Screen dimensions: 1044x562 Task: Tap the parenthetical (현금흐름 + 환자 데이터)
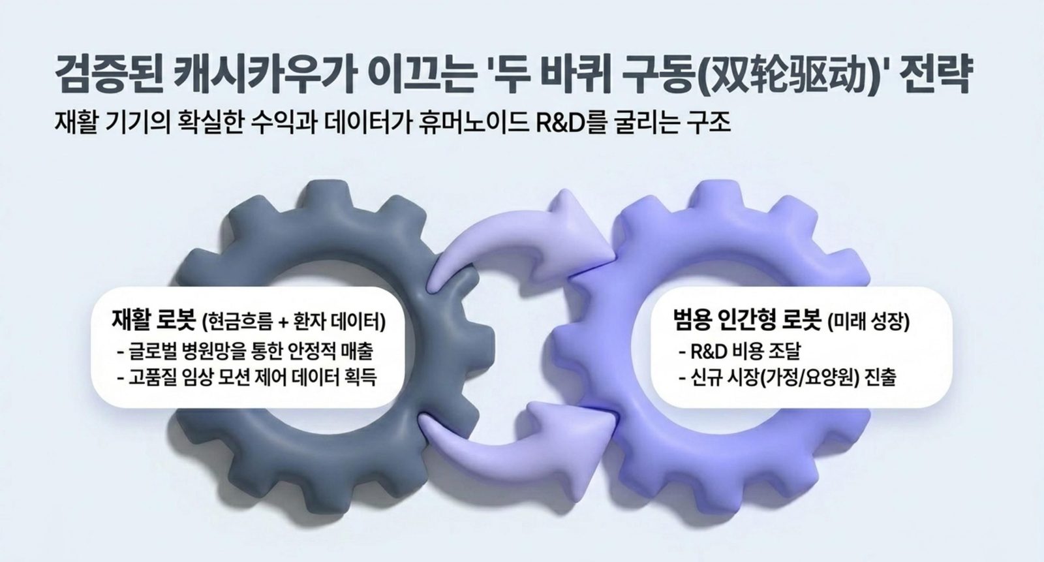click(294, 321)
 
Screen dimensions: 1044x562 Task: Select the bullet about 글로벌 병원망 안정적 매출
click(245, 351)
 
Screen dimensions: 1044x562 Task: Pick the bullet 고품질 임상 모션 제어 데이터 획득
click(247, 377)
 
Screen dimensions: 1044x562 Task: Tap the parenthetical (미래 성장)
click(868, 321)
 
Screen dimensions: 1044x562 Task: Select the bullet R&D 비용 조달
click(740, 351)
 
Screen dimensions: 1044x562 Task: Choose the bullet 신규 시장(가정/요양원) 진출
click(788, 377)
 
